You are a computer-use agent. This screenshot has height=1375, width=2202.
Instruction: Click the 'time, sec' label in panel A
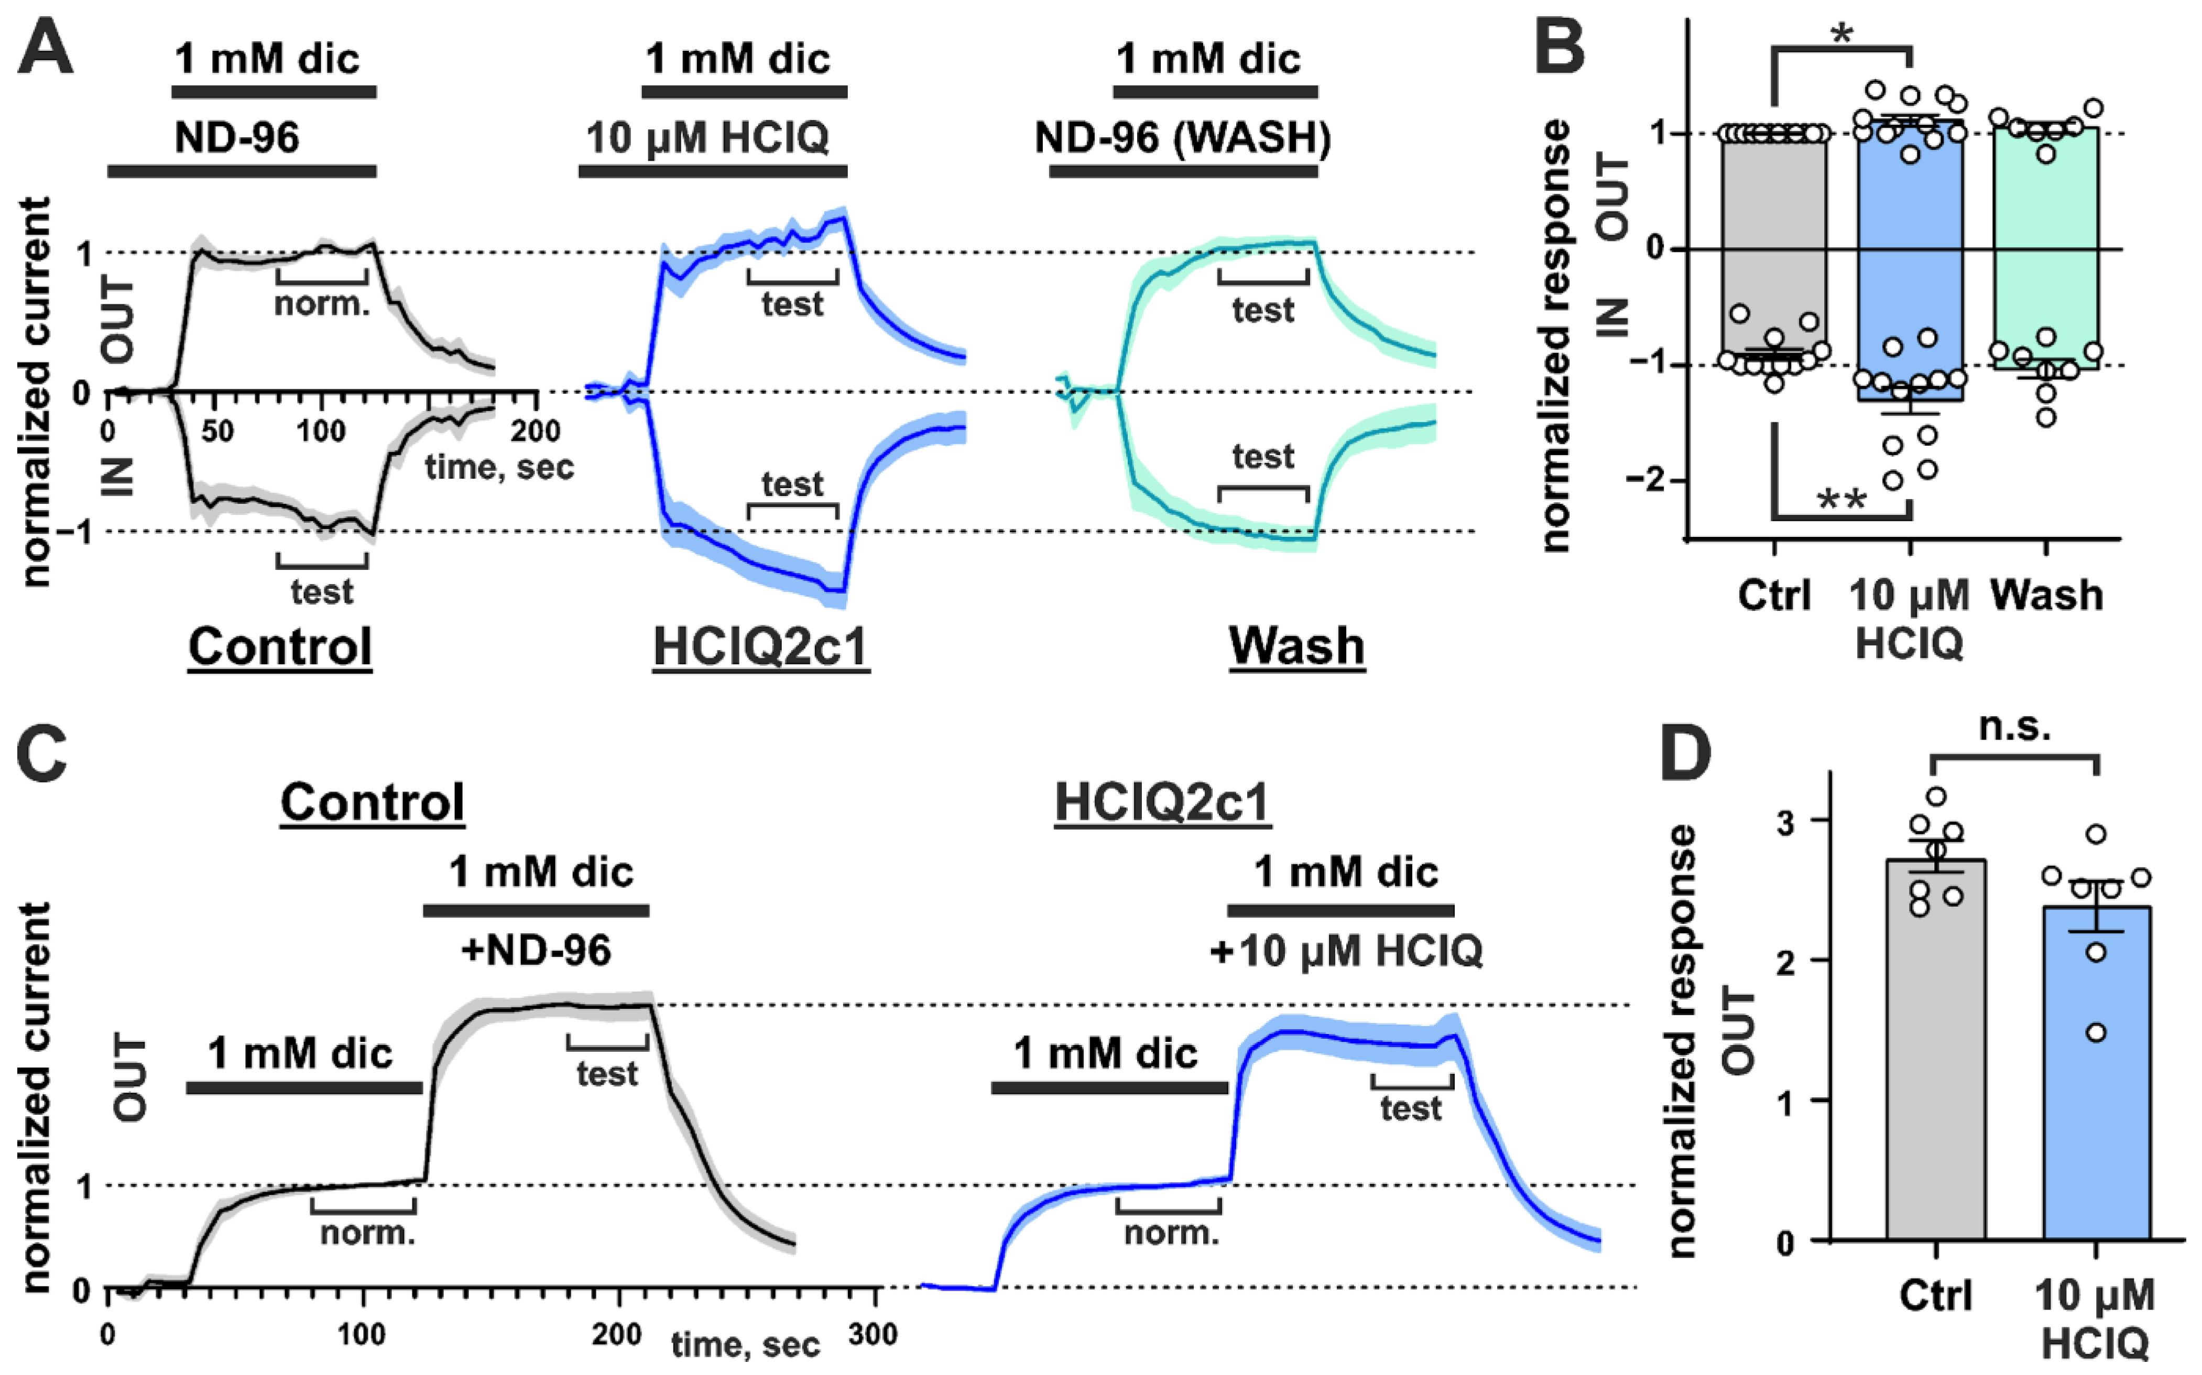(499, 467)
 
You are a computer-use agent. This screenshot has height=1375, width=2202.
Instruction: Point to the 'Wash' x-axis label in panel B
(2046, 596)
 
